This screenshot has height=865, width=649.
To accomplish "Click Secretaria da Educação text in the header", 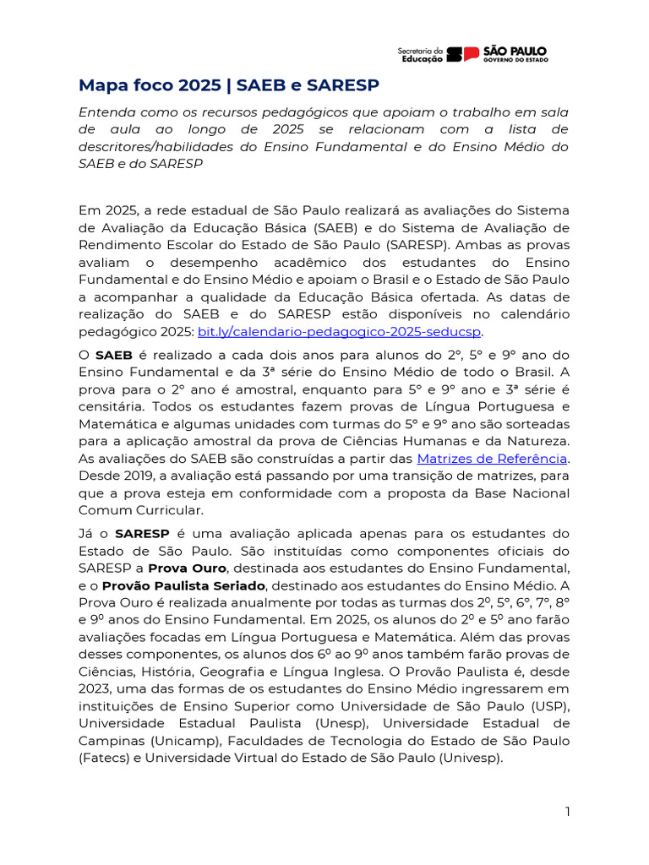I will click(x=420, y=55).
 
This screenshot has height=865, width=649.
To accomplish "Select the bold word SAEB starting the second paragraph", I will click(x=114, y=355).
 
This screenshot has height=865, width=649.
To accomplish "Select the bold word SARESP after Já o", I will click(x=142, y=534).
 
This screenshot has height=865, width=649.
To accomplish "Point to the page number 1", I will click(x=568, y=812).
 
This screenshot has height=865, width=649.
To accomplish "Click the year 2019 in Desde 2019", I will click(x=133, y=476).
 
